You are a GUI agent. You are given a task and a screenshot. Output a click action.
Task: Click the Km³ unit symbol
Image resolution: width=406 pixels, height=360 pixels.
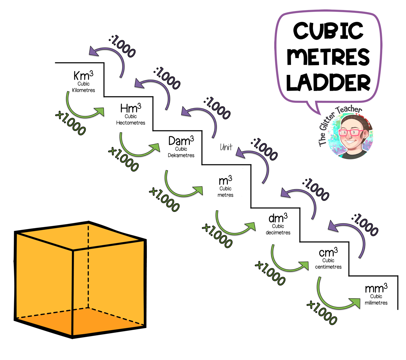point(83,75)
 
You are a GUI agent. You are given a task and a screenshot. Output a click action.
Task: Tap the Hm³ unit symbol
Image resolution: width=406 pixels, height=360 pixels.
point(130,108)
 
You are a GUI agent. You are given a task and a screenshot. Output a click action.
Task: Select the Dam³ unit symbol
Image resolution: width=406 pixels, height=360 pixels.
point(181,140)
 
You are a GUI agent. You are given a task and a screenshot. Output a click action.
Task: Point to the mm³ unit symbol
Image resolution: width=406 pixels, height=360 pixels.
point(376,288)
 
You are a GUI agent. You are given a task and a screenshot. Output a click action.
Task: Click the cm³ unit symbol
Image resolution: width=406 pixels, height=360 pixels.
point(328,252)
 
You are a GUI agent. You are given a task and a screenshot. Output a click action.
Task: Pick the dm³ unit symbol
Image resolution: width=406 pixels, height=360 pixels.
point(278,218)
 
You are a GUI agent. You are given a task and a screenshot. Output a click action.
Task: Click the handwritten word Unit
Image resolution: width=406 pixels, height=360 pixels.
point(226,147)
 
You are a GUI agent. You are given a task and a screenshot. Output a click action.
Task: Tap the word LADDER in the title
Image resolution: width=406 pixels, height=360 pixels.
point(328,82)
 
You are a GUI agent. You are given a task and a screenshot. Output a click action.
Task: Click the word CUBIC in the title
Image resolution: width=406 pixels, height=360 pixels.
point(328,31)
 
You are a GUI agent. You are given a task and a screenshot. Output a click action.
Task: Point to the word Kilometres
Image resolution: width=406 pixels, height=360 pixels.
point(83,90)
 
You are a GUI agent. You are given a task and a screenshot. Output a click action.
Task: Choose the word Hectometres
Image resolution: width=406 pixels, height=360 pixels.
point(130,123)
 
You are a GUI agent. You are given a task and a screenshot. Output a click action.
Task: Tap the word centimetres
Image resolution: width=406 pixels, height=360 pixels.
point(328,267)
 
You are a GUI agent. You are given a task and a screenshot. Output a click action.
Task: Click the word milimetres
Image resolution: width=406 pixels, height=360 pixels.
point(376,303)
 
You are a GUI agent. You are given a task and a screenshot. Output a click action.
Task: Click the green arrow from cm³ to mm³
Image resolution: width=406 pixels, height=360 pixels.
point(333,301)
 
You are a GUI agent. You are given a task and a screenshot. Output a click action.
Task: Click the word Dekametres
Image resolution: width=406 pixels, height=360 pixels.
point(181,155)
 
